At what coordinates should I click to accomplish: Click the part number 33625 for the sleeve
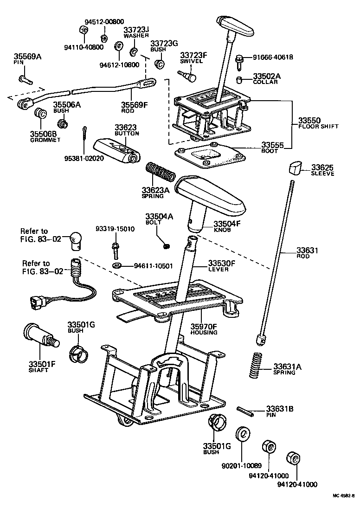tap(322, 167)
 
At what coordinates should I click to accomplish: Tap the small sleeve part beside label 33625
tap(295, 167)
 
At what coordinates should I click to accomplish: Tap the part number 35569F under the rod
tap(134, 105)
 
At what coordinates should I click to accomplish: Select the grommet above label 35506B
tap(41, 113)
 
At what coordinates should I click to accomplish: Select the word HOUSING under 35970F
tap(204, 333)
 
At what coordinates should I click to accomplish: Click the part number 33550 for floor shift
tap(308, 120)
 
